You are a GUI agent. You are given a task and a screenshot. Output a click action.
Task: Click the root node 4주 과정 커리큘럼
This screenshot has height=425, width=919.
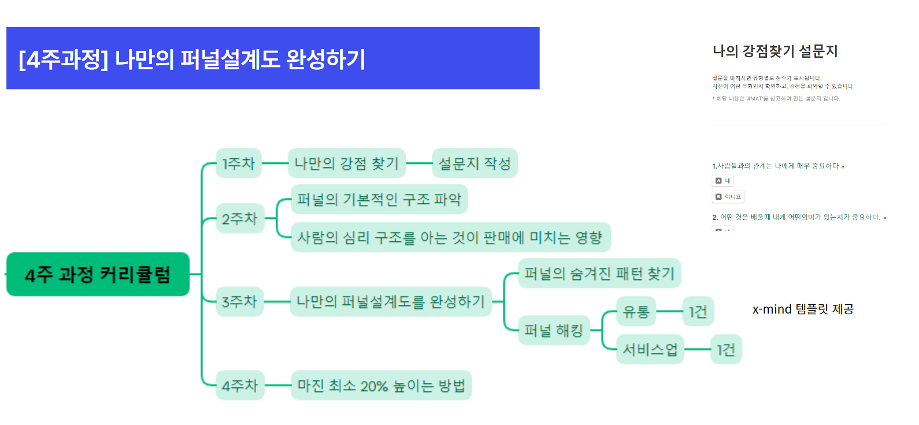(98, 274)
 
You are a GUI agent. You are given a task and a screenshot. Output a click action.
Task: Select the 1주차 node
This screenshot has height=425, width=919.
(239, 163)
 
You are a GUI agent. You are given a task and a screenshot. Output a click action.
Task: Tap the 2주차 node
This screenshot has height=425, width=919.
(240, 218)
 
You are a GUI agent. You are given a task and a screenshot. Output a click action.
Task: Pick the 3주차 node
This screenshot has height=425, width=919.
(239, 301)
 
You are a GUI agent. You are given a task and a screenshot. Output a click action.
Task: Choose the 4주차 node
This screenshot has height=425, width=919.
(240, 385)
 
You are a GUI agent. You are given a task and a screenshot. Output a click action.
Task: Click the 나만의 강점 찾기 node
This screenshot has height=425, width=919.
(347, 163)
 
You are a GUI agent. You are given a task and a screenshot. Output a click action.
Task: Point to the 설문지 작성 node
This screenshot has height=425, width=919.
(475, 163)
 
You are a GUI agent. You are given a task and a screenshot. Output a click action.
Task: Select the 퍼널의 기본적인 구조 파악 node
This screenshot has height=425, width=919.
(379, 199)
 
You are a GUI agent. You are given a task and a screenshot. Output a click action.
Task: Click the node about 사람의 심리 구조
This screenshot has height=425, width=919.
(450, 237)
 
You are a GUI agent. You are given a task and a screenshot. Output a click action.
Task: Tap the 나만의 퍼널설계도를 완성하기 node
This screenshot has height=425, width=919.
(391, 301)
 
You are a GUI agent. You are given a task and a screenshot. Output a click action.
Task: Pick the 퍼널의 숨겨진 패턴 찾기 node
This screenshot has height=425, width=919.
(599, 273)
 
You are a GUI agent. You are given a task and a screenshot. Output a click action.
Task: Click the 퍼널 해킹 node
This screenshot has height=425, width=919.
(554, 330)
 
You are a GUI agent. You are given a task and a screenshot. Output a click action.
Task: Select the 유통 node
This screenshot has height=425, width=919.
(636, 312)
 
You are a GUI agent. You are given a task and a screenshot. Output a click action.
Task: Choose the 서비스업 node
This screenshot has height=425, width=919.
(650, 349)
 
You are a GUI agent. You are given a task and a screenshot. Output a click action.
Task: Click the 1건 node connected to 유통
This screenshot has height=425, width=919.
(698, 312)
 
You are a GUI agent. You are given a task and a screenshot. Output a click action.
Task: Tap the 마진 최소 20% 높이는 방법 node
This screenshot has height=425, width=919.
(381, 385)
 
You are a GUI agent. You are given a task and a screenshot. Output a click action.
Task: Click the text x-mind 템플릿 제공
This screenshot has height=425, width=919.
(803, 310)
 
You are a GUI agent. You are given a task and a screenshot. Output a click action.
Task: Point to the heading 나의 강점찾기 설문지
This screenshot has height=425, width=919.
(775, 51)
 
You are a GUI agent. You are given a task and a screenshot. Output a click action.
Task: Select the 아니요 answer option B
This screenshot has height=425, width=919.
(728, 197)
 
